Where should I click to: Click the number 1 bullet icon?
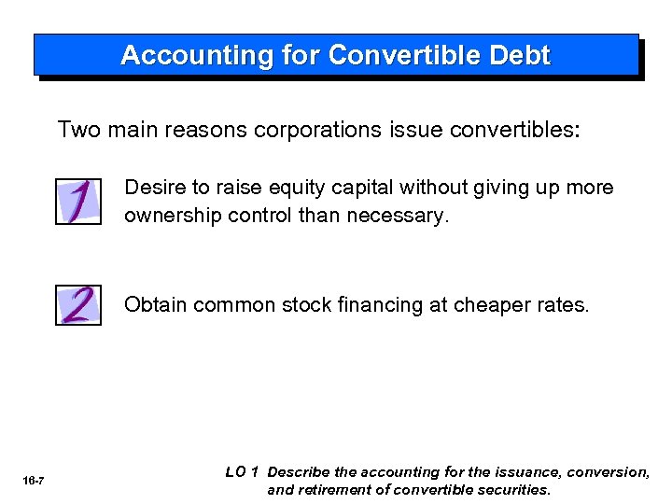coord(78,202)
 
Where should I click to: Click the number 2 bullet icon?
coord(78,304)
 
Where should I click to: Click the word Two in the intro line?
coord(79,129)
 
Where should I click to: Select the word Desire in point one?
coord(154,188)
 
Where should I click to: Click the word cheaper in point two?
coord(490,305)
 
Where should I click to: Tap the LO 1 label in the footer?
coord(242,472)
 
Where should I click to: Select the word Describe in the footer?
coord(301,472)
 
